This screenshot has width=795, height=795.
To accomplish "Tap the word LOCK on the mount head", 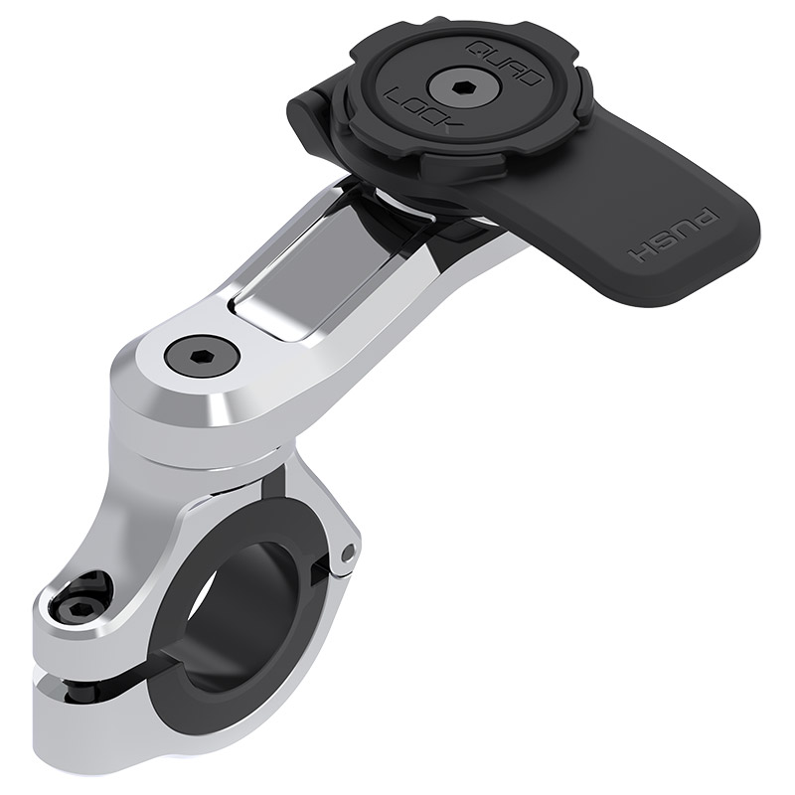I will coord(408,106).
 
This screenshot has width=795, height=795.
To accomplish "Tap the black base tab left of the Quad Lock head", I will coord(311,100).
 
